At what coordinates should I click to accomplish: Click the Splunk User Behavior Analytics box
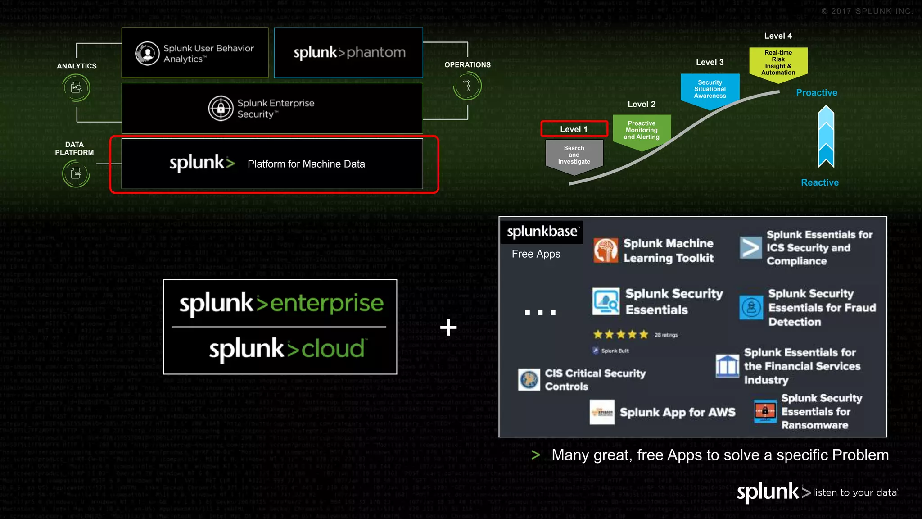195,53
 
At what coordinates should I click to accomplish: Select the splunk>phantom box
348,53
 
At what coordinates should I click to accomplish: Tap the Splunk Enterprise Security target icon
221,108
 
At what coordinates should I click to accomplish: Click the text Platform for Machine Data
306,164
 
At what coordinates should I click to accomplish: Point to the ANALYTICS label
77,66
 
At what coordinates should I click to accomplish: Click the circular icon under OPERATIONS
468,86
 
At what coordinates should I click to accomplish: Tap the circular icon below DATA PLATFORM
76,173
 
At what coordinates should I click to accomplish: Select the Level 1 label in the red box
574,129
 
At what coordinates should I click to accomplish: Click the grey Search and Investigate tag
574,155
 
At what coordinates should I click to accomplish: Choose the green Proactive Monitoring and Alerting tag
642,131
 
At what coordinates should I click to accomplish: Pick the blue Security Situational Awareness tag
710,90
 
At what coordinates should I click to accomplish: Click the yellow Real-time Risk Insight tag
778,63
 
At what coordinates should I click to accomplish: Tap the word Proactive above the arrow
816,93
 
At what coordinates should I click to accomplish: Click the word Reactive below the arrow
819,182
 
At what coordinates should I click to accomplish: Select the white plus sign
448,328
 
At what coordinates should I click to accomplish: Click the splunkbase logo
542,232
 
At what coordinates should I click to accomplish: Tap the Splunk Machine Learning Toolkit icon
606,250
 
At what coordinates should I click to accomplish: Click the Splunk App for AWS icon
602,412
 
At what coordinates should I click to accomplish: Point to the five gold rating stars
620,335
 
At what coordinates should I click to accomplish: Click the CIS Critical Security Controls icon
529,379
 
